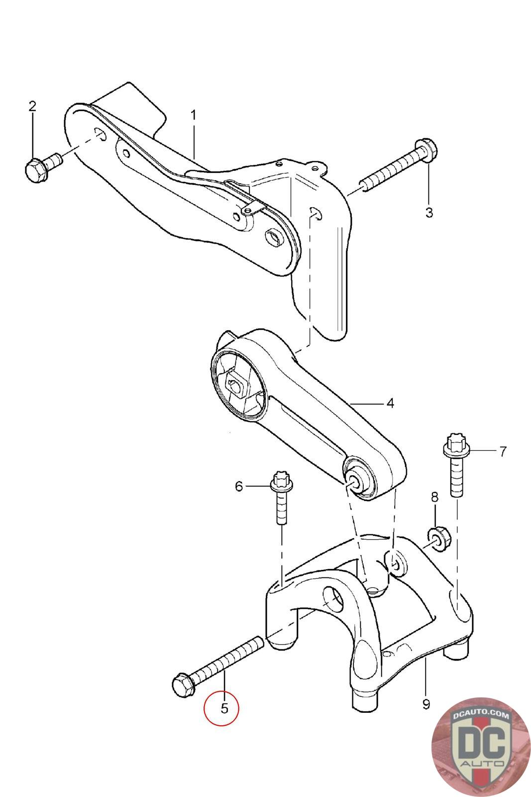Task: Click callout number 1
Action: [193, 115]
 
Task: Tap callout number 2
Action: [32, 106]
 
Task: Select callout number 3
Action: [429, 213]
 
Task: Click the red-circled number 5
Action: [224, 708]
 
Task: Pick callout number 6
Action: [239, 486]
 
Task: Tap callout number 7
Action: [503, 451]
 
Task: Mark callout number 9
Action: [426, 704]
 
